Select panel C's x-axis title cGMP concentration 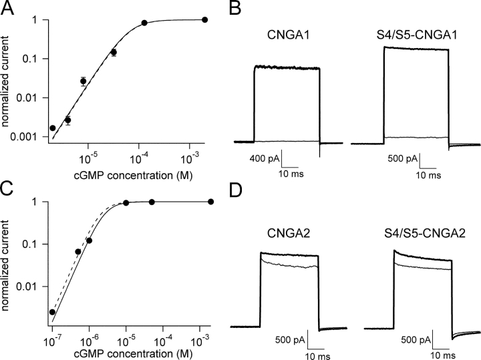pos(127,355)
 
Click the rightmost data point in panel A pos(204,20)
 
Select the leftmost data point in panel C pos(52,312)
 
